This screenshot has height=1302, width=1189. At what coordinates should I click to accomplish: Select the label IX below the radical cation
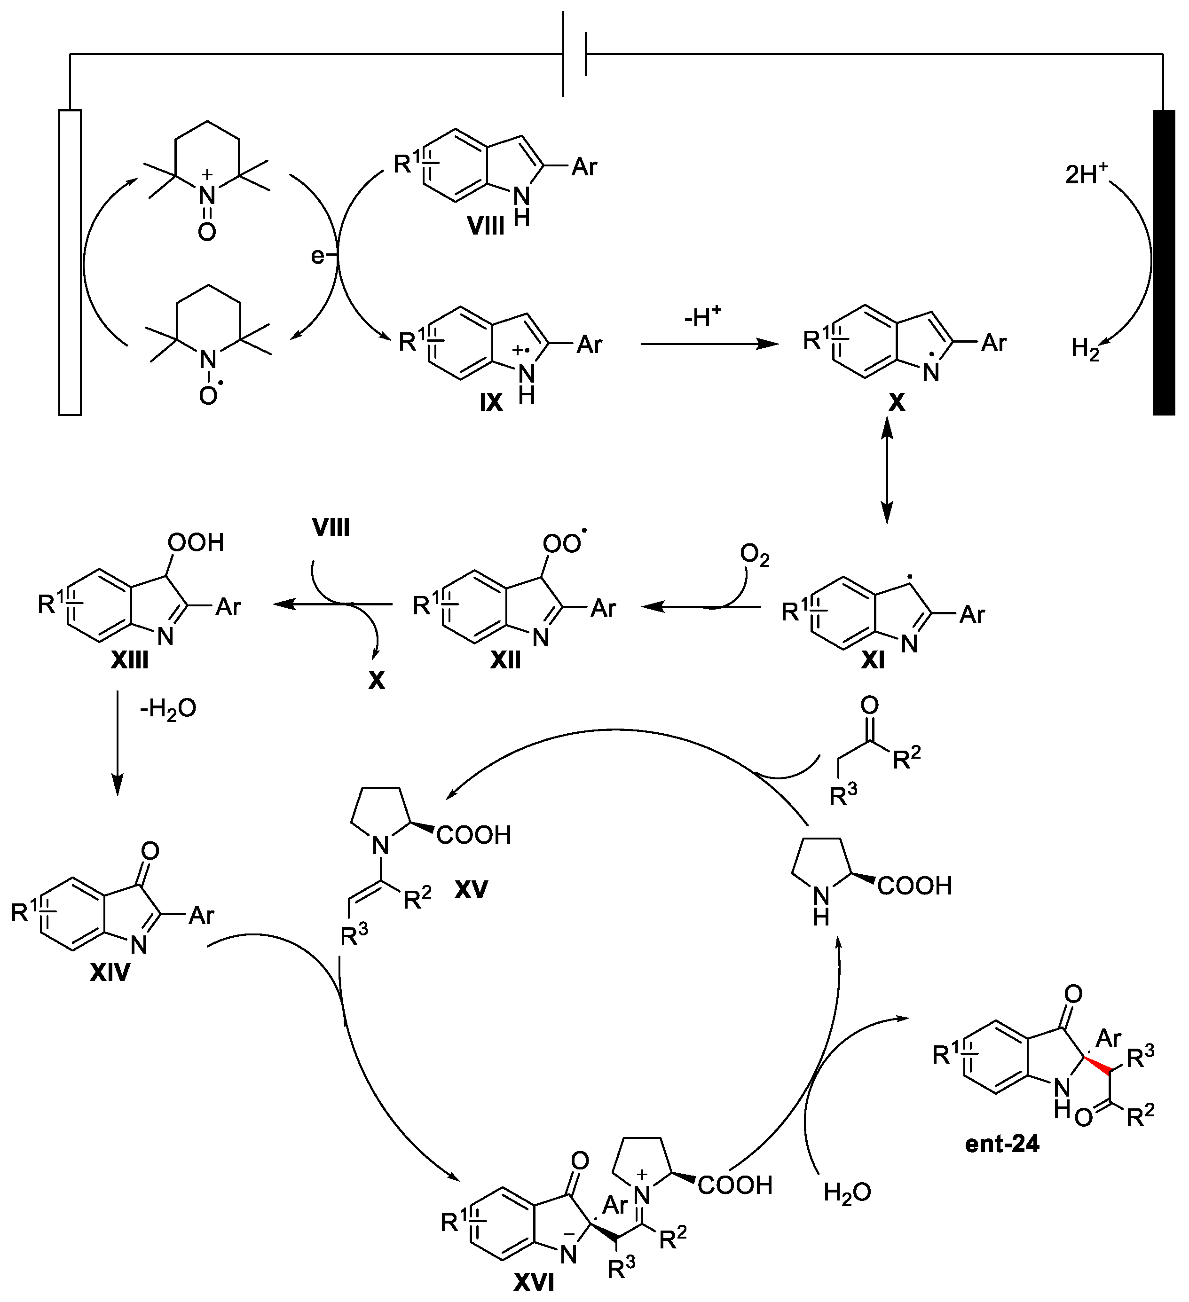(491, 402)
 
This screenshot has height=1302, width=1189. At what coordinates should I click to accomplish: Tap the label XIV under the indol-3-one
(110, 972)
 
